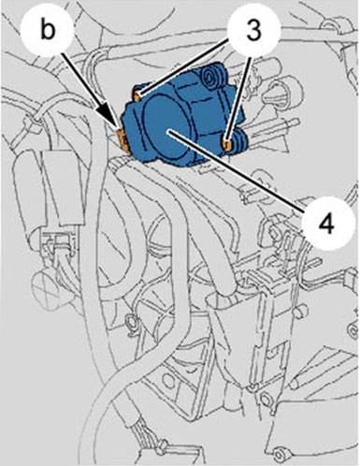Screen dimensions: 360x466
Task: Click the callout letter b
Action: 48,31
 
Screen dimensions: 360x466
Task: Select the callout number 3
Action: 254,31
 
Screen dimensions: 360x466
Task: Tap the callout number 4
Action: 327,224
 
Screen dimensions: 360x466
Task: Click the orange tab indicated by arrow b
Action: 122,138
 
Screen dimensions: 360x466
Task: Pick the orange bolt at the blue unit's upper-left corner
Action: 138,95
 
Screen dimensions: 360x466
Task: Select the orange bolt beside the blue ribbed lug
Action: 227,144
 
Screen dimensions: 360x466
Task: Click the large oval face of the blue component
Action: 166,128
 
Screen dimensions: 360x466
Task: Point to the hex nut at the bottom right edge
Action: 280,452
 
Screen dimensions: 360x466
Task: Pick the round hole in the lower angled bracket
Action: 168,378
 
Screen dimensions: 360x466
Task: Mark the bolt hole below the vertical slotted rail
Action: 266,399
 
